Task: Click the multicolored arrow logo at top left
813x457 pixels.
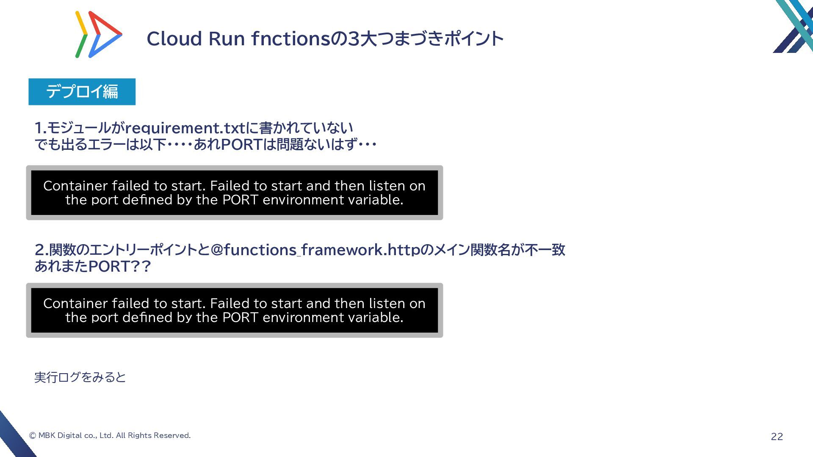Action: (x=98, y=35)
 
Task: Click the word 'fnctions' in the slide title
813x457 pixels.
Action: (x=290, y=39)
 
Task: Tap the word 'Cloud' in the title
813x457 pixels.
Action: (x=174, y=39)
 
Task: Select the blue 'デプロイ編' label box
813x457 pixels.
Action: (x=82, y=91)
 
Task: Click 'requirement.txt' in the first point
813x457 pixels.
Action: (x=185, y=128)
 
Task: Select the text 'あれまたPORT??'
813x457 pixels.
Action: (x=92, y=267)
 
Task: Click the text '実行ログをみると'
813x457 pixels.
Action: (x=80, y=377)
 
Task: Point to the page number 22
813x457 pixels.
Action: (x=777, y=437)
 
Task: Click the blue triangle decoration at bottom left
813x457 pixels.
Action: (x=13, y=436)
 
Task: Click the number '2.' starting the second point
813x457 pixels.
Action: (x=41, y=250)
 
